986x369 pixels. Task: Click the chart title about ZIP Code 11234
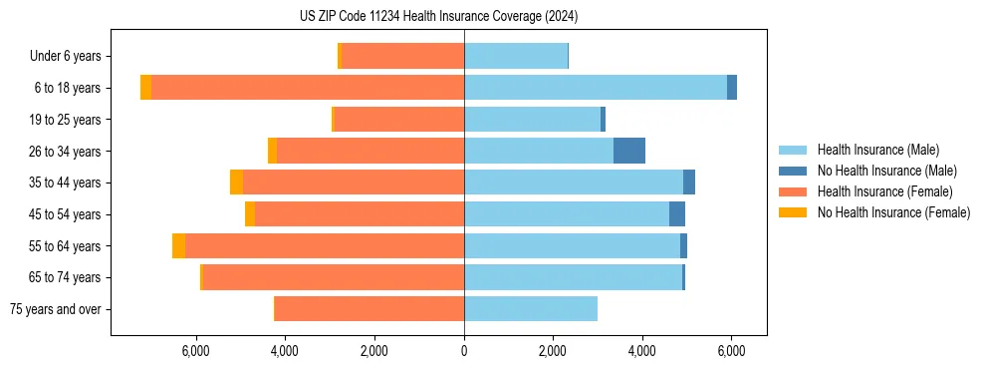[438, 17]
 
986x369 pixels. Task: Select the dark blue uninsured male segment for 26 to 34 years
[628, 151]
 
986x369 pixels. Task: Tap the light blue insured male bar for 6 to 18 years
[596, 88]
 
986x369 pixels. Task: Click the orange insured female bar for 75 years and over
[370, 309]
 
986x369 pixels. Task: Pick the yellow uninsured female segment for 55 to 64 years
[178, 246]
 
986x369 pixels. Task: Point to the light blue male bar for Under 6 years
[516, 56]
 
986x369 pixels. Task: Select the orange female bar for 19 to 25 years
[398, 120]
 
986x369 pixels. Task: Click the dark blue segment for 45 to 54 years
[677, 214]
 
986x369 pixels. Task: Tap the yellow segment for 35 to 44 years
[236, 183]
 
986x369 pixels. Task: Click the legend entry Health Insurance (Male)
[877, 150]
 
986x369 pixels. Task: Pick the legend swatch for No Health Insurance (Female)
[794, 212]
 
